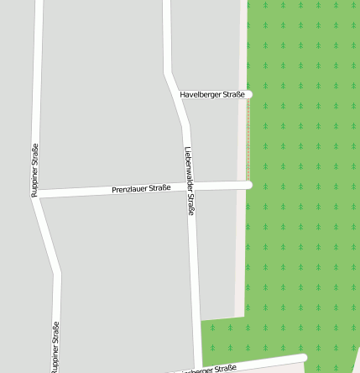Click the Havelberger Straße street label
pyautogui.click(x=212, y=95)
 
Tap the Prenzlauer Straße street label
pyautogui.click(x=141, y=189)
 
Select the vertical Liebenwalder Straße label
pyautogui.click(x=189, y=181)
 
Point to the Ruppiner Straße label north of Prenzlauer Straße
pyautogui.click(x=34, y=171)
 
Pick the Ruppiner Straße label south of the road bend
pyautogui.click(x=55, y=347)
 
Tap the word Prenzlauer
pyautogui.click(x=129, y=190)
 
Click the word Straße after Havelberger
pyautogui.click(x=234, y=95)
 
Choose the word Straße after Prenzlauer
pyautogui.click(x=159, y=188)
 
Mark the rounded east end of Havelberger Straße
pyautogui.click(x=248, y=95)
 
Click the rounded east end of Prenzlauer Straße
pyautogui.click(x=248, y=184)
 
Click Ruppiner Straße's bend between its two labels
pyautogui.click(x=56, y=272)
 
